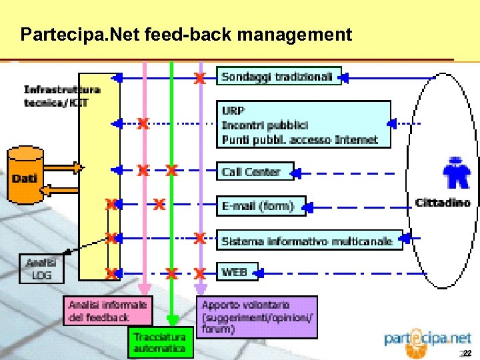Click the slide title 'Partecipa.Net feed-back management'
(186, 34)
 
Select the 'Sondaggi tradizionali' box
(278, 77)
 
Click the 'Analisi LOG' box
(41, 269)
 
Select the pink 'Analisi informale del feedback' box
(108, 310)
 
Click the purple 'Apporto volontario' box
(257, 317)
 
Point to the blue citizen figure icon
(457, 175)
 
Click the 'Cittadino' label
(442, 202)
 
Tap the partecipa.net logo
(427, 339)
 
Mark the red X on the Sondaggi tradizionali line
(199, 79)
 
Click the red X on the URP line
(143, 123)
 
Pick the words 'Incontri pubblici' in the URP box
(265, 125)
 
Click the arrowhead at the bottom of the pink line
(143, 289)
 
